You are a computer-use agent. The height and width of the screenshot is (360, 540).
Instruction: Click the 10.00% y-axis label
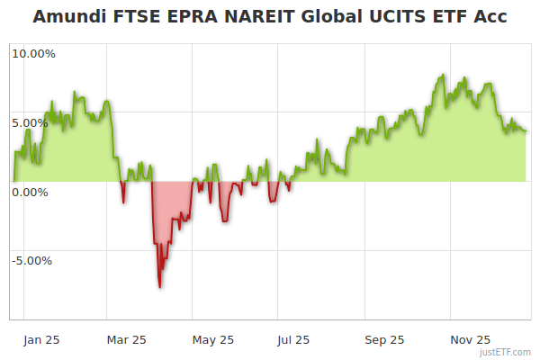[33, 54]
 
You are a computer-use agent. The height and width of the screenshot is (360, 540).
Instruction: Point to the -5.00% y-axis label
[33, 261]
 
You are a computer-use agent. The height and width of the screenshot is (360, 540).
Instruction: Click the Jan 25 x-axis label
[42, 340]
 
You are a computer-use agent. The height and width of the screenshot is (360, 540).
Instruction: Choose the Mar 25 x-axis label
[127, 340]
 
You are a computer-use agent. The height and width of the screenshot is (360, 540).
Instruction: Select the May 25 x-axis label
[213, 340]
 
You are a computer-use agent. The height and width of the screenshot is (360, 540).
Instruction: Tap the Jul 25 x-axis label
[295, 340]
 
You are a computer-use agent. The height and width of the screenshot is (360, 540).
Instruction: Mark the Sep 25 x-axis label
[385, 340]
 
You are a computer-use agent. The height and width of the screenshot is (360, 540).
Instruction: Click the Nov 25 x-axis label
[471, 340]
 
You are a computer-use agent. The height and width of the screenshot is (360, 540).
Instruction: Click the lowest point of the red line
[160, 287]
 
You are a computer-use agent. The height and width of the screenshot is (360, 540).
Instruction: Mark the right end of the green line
[526, 131]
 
